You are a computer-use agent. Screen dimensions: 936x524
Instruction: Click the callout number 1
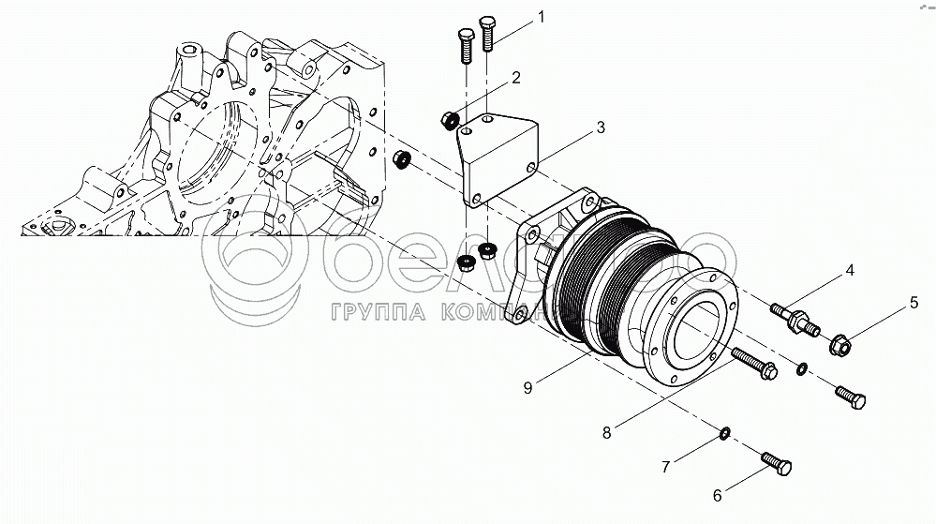tap(541, 18)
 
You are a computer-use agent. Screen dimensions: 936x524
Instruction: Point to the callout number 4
tap(849, 271)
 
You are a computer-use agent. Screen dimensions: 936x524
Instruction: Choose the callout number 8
tap(607, 432)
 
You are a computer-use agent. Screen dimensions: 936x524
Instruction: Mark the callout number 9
tap(528, 384)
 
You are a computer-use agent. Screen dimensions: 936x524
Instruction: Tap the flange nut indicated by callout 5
tap(841, 347)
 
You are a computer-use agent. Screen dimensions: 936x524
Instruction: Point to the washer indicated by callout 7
tap(725, 432)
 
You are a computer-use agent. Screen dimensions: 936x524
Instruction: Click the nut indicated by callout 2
tap(449, 119)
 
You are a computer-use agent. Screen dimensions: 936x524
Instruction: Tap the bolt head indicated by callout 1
tap(487, 22)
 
